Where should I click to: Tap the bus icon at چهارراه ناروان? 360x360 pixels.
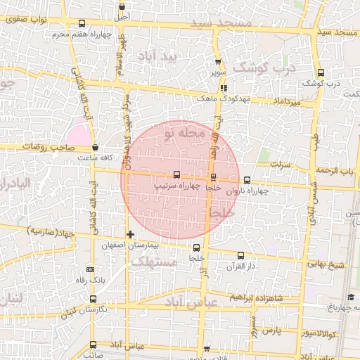[x=247, y=180]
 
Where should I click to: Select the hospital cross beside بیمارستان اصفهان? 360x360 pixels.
[x=130, y=234]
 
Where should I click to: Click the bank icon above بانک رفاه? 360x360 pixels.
[x=89, y=269]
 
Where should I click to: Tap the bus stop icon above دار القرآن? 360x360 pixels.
[x=242, y=256]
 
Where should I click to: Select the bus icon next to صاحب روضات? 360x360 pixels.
[x=95, y=148]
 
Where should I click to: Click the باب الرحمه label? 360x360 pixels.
[x=333, y=172]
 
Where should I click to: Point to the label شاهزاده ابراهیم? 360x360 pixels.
[x=271, y=297]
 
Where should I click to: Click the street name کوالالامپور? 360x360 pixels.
[x=321, y=333]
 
